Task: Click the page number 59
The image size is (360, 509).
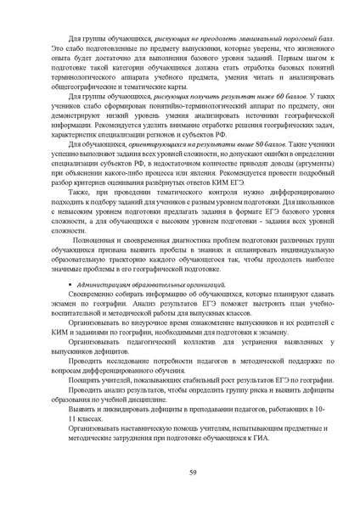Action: tap(180, 472)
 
